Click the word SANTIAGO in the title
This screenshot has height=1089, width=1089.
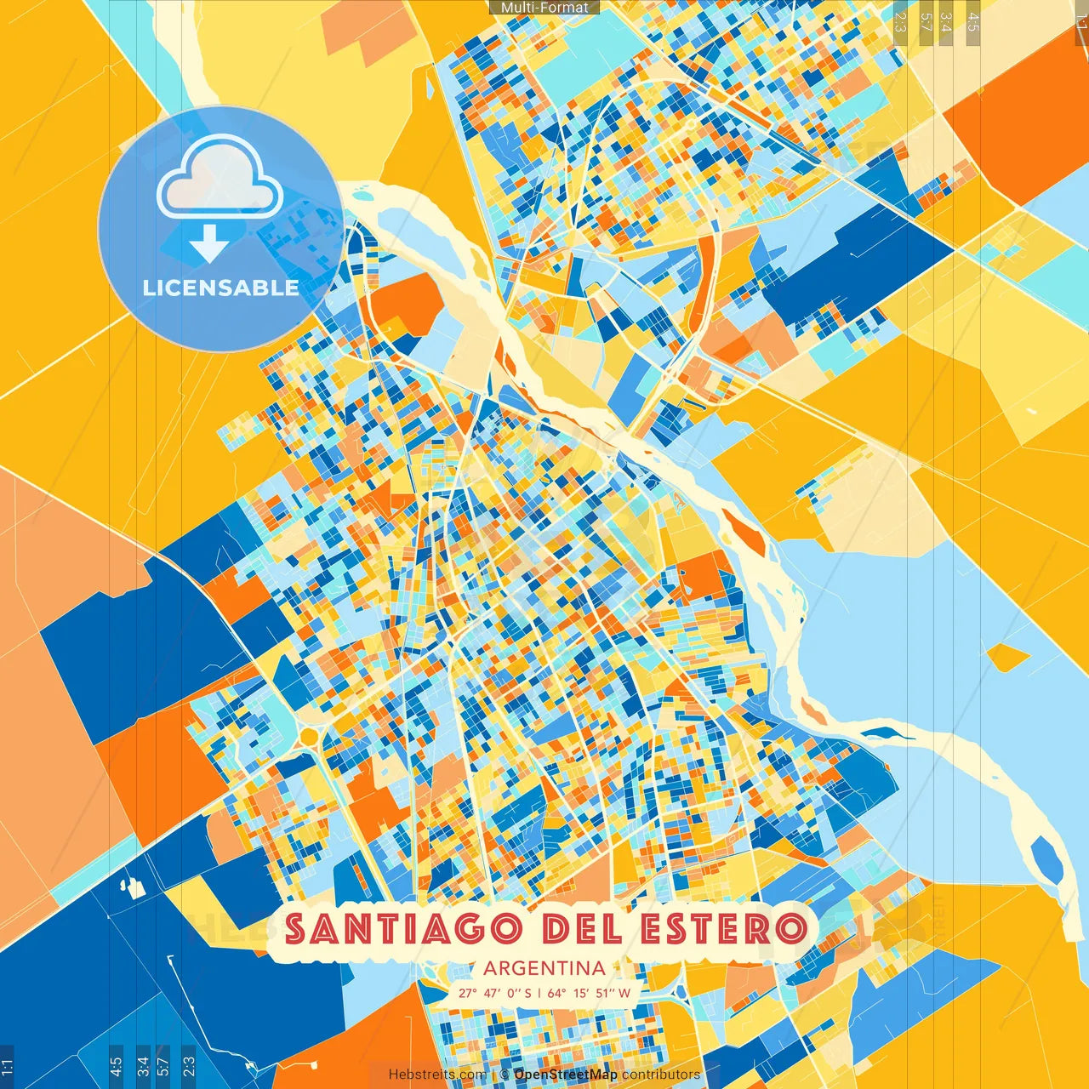[403, 928]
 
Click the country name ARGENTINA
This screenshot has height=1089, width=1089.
[544, 967]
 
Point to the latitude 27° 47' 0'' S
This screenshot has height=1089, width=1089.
[494, 993]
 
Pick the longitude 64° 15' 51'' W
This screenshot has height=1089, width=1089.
[590, 993]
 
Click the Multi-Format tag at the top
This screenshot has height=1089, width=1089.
[544, 8]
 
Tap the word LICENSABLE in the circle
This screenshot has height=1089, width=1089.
[221, 288]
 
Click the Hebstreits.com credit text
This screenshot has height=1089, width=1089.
[437, 1075]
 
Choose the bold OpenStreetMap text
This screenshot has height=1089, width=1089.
[566, 1075]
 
